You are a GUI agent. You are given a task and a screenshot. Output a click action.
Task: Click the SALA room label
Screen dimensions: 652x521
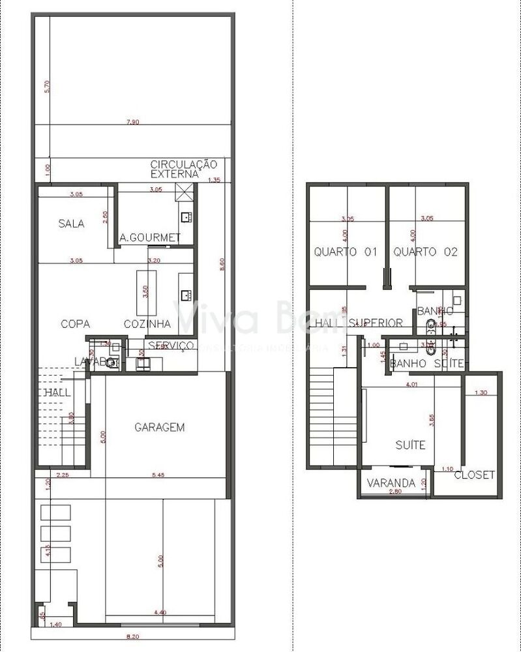pos(71,224)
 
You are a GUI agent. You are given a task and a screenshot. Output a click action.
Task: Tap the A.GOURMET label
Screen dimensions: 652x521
pos(150,238)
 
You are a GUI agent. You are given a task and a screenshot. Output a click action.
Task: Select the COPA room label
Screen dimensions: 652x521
pos(75,323)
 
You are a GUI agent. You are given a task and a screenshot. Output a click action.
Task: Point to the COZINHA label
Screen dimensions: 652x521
pos(147,323)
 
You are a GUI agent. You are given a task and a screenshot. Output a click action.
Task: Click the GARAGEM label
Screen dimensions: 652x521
pos(160,428)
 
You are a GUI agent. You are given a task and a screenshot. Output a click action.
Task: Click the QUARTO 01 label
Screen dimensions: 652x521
pos(346,252)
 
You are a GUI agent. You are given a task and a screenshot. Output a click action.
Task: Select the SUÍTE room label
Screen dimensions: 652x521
pos(410,445)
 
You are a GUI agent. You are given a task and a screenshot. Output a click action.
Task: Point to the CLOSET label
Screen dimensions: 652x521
pos(474,475)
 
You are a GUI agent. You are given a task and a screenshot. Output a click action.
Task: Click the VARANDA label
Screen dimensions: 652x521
pos(391,483)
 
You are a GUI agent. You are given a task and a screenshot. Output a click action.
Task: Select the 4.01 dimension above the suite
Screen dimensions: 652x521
pos(411,385)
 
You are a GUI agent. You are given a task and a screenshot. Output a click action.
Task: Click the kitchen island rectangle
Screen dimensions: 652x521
pos(143,292)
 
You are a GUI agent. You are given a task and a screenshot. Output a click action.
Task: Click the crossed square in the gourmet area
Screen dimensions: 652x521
pos(186,192)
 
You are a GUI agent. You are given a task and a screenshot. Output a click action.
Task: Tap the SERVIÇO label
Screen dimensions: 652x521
pos(171,345)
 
